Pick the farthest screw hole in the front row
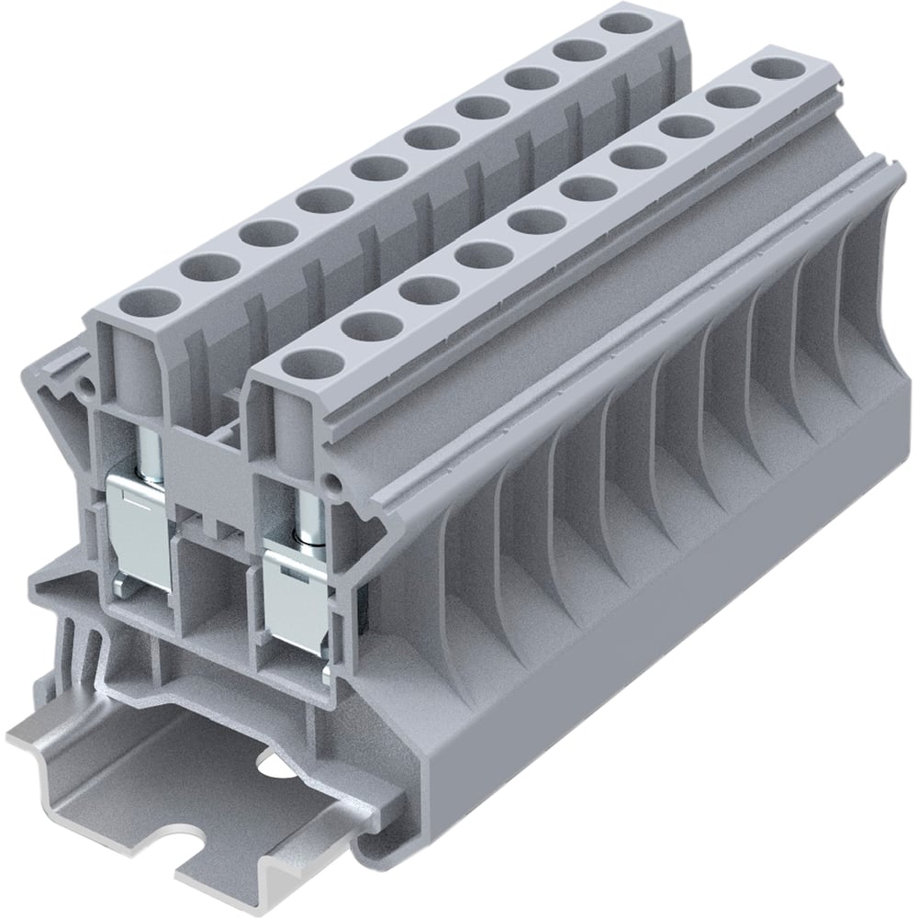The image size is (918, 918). pos(773,69)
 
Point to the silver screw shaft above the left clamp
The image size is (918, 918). pos(151,447)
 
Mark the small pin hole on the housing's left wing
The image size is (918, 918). pos(88,387)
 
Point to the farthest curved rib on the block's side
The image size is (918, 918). pos(849,303)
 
